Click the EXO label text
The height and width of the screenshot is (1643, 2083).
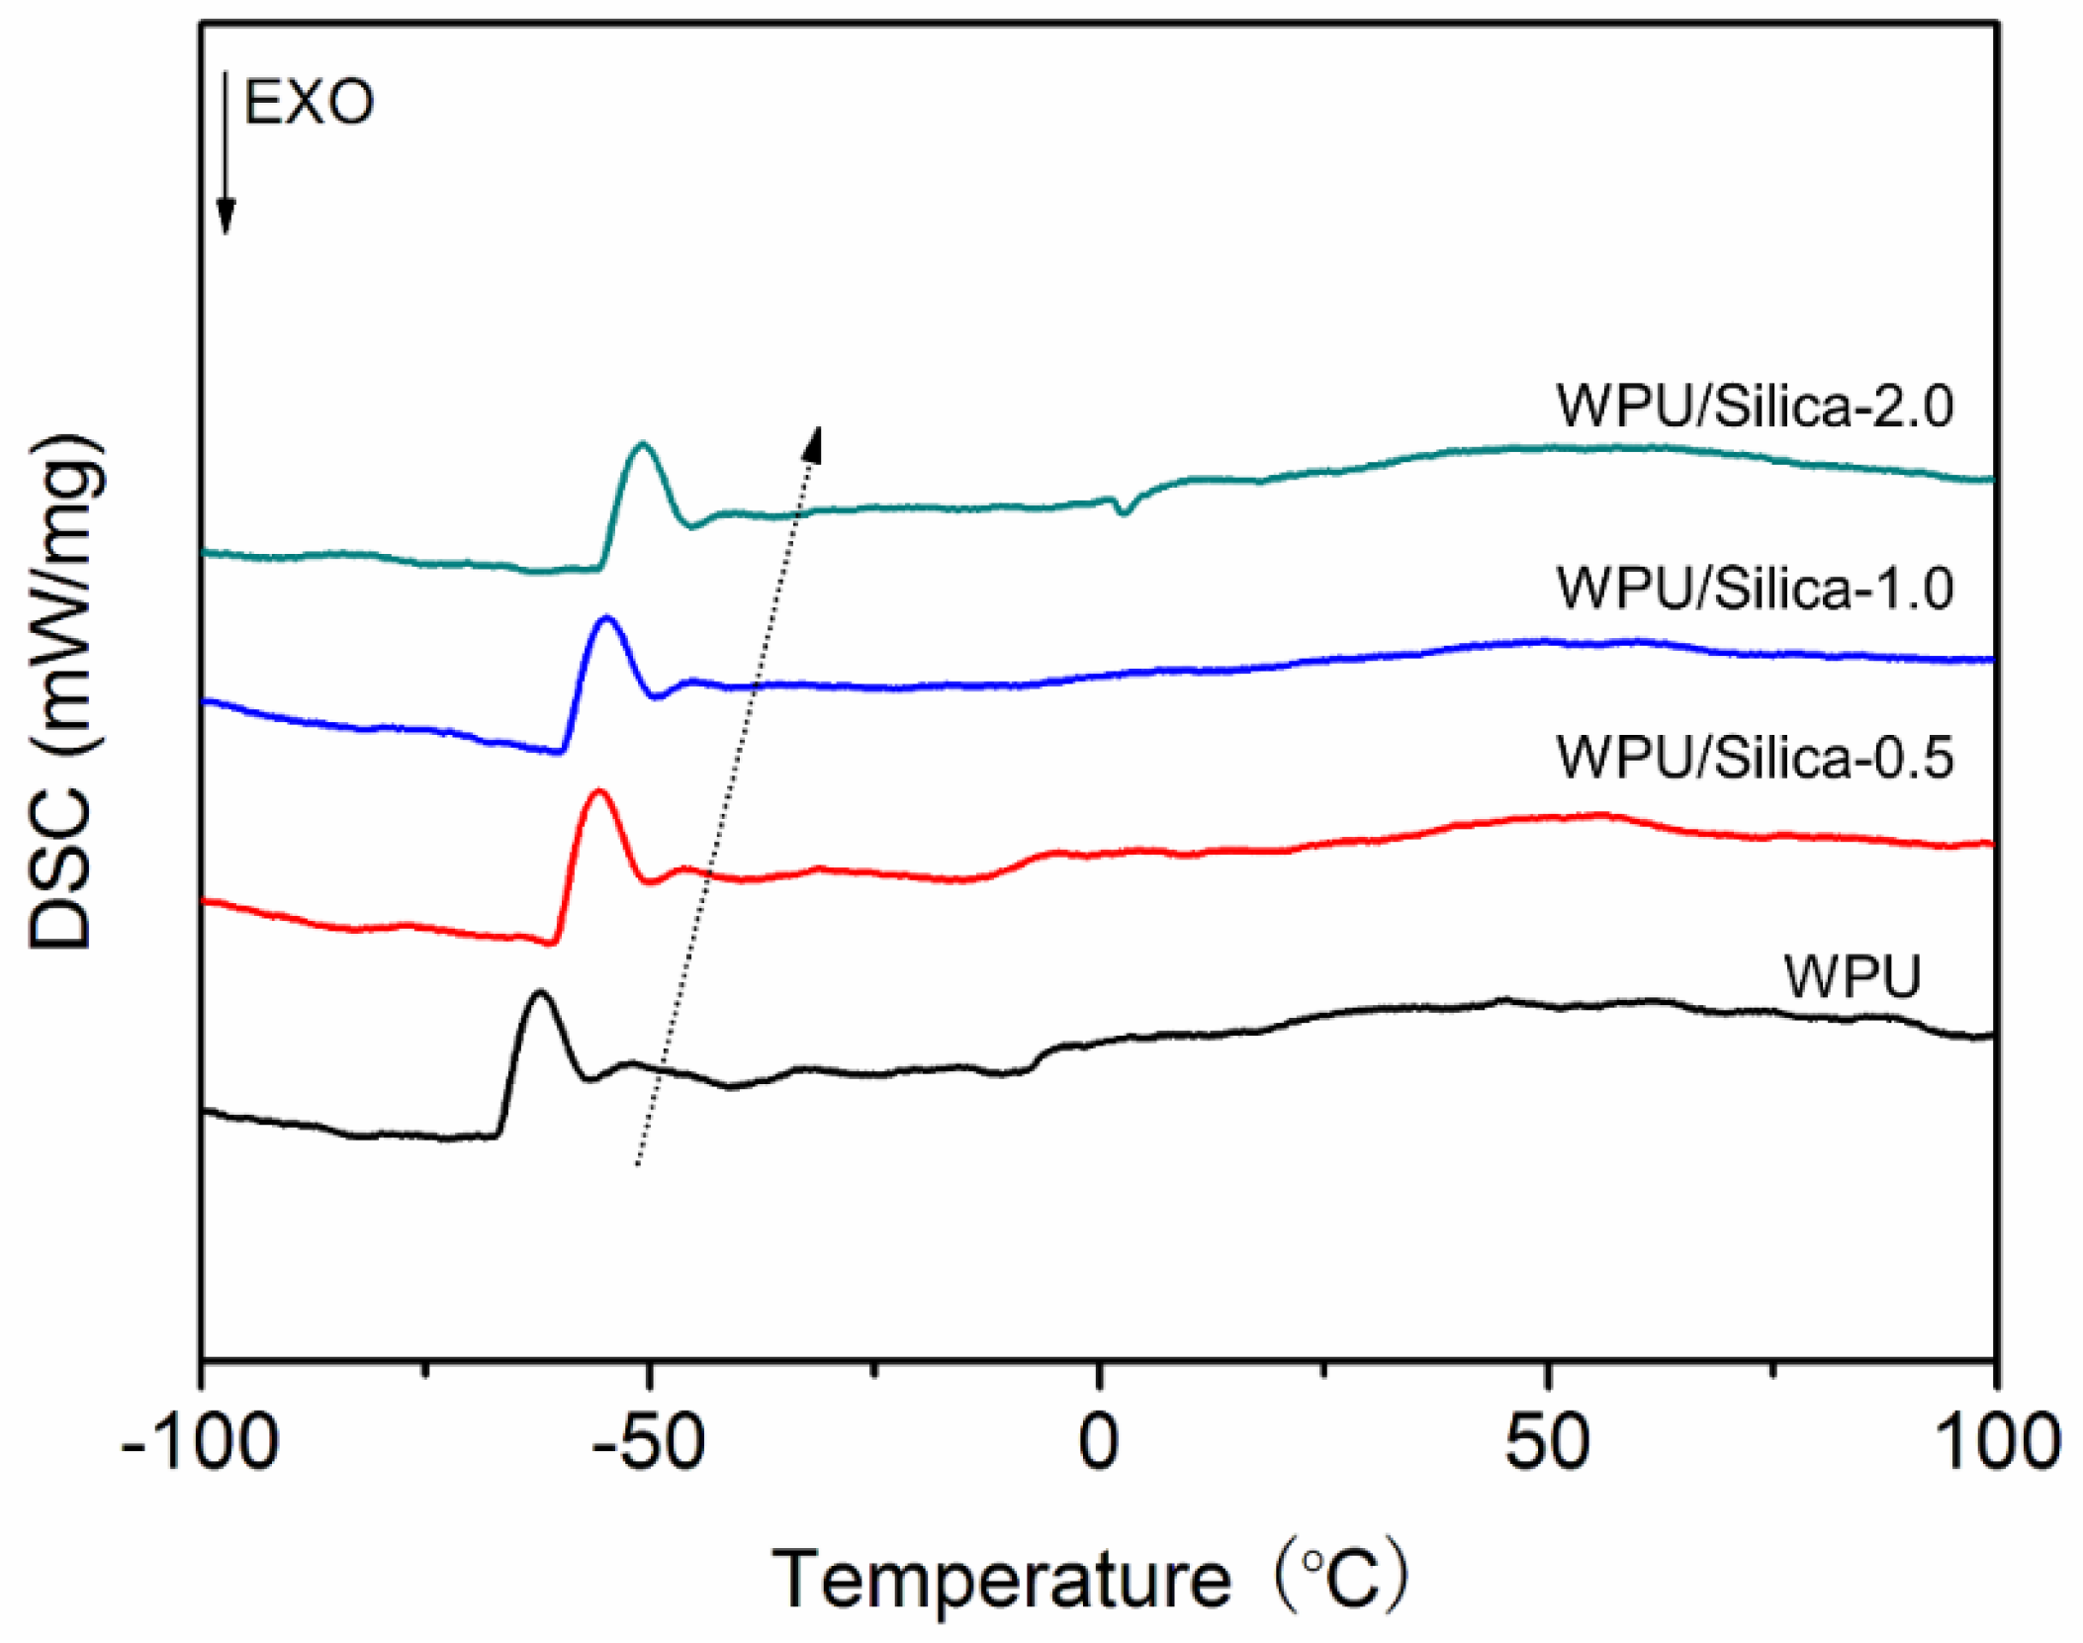click(309, 102)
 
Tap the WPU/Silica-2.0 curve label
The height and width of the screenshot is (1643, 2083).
click(1754, 405)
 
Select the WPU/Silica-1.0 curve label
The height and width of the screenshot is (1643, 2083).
click(1754, 588)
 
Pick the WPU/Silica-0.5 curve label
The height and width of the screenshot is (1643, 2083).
click(1754, 758)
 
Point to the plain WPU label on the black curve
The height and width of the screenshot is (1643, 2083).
click(1852, 976)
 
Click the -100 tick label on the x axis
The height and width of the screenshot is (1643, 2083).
click(200, 1442)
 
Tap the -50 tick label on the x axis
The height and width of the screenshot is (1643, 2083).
click(649, 1442)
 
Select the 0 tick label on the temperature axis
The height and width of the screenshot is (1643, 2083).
click(1098, 1442)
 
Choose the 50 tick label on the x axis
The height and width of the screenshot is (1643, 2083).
click(1546, 1442)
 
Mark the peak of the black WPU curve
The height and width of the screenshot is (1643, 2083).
click(539, 991)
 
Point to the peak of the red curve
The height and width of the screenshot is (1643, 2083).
click(597, 790)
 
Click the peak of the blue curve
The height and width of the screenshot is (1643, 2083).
click(606, 618)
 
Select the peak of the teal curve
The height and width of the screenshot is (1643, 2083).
click(643, 444)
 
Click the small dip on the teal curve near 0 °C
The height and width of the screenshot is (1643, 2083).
click(1122, 512)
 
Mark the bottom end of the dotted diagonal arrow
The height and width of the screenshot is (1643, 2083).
click(638, 1164)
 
